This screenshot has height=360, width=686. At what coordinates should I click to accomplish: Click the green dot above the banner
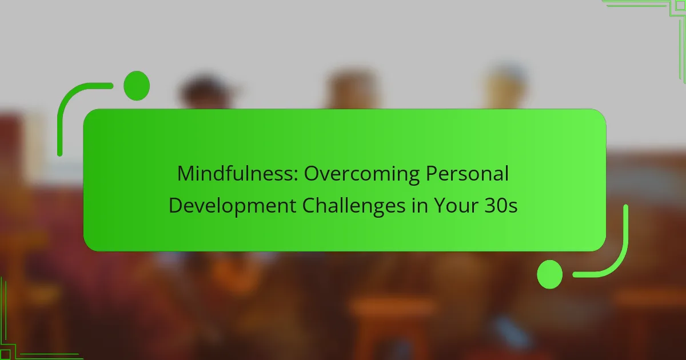(137, 86)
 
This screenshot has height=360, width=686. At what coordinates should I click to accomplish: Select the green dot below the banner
(550, 274)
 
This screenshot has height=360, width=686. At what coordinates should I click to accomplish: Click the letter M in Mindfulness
(185, 174)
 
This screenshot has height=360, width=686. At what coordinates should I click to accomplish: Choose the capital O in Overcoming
(312, 174)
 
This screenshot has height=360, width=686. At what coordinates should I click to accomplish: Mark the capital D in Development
(176, 206)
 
